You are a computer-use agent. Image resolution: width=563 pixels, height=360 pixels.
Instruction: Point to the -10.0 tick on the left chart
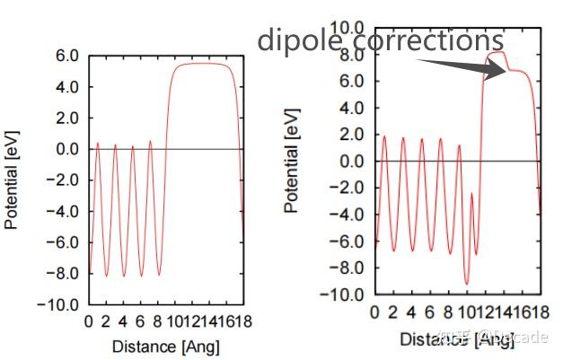(63, 304)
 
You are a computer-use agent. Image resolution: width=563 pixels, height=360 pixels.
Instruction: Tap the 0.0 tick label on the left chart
(68, 149)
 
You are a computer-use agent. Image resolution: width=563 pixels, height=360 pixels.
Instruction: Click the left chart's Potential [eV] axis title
(13, 180)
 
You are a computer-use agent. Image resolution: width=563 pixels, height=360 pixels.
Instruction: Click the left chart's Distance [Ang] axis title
(165, 346)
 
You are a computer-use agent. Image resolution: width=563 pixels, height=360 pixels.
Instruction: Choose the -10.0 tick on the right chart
(345, 294)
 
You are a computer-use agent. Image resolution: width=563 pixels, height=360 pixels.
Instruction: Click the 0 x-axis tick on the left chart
(88, 321)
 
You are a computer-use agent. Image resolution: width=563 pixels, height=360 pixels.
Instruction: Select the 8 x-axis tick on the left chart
(156, 321)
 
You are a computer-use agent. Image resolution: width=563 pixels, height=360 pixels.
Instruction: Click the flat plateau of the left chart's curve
(205, 64)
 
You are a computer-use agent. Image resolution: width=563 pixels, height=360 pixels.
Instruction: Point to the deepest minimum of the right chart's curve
(466, 284)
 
